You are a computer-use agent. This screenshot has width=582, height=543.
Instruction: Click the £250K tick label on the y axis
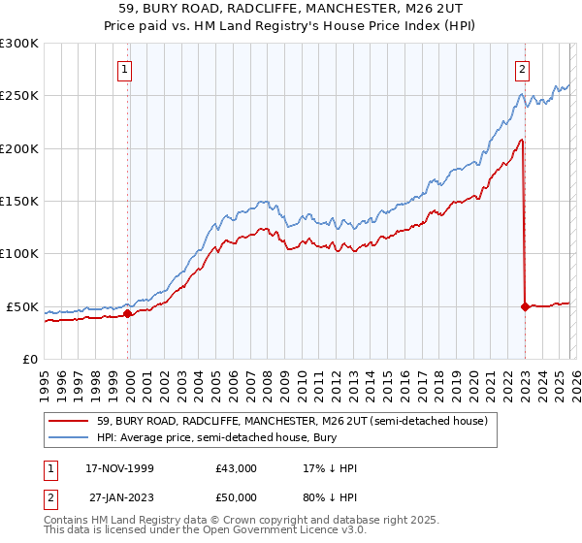[19, 96]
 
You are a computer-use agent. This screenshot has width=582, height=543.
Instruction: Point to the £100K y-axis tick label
[19, 254]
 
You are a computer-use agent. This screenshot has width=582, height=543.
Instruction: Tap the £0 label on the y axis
[30, 359]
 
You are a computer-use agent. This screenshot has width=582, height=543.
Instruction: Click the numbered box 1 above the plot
[127, 69]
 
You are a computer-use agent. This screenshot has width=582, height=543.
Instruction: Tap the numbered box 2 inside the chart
[523, 69]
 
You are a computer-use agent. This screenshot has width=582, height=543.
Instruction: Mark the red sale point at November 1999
[128, 313]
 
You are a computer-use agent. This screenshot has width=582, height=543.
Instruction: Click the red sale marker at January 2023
[525, 306]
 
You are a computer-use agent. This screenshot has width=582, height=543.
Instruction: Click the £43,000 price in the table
[237, 468]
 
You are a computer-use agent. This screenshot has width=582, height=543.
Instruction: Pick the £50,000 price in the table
[237, 499]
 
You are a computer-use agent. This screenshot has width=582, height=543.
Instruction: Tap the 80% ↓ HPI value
[330, 499]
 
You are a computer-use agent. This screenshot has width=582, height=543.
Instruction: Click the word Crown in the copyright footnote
[243, 521]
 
